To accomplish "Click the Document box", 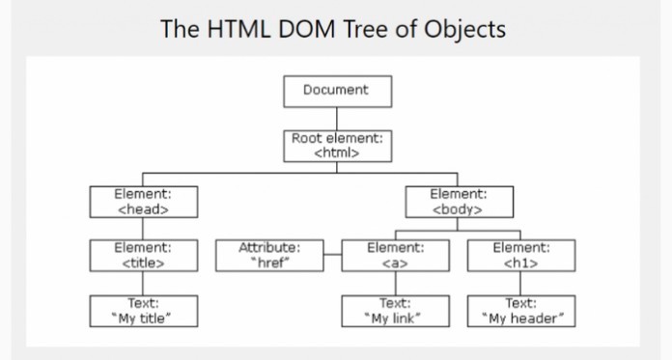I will click(x=337, y=91).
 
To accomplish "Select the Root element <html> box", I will click(x=337, y=146).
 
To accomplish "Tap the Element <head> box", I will click(x=144, y=202).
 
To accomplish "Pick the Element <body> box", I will click(x=458, y=202).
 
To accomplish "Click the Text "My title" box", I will click(x=144, y=311).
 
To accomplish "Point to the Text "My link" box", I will click(x=395, y=311).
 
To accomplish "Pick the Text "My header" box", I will click(x=520, y=311).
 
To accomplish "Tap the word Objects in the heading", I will click(x=466, y=29).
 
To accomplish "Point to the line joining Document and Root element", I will click(x=337, y=118).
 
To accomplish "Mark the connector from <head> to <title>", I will click(x=144, y=229).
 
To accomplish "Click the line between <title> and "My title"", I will click(x=144, y=284).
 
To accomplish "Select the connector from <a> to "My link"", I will click(x=395, y=284).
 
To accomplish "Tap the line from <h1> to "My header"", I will click(x=520, y=284).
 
